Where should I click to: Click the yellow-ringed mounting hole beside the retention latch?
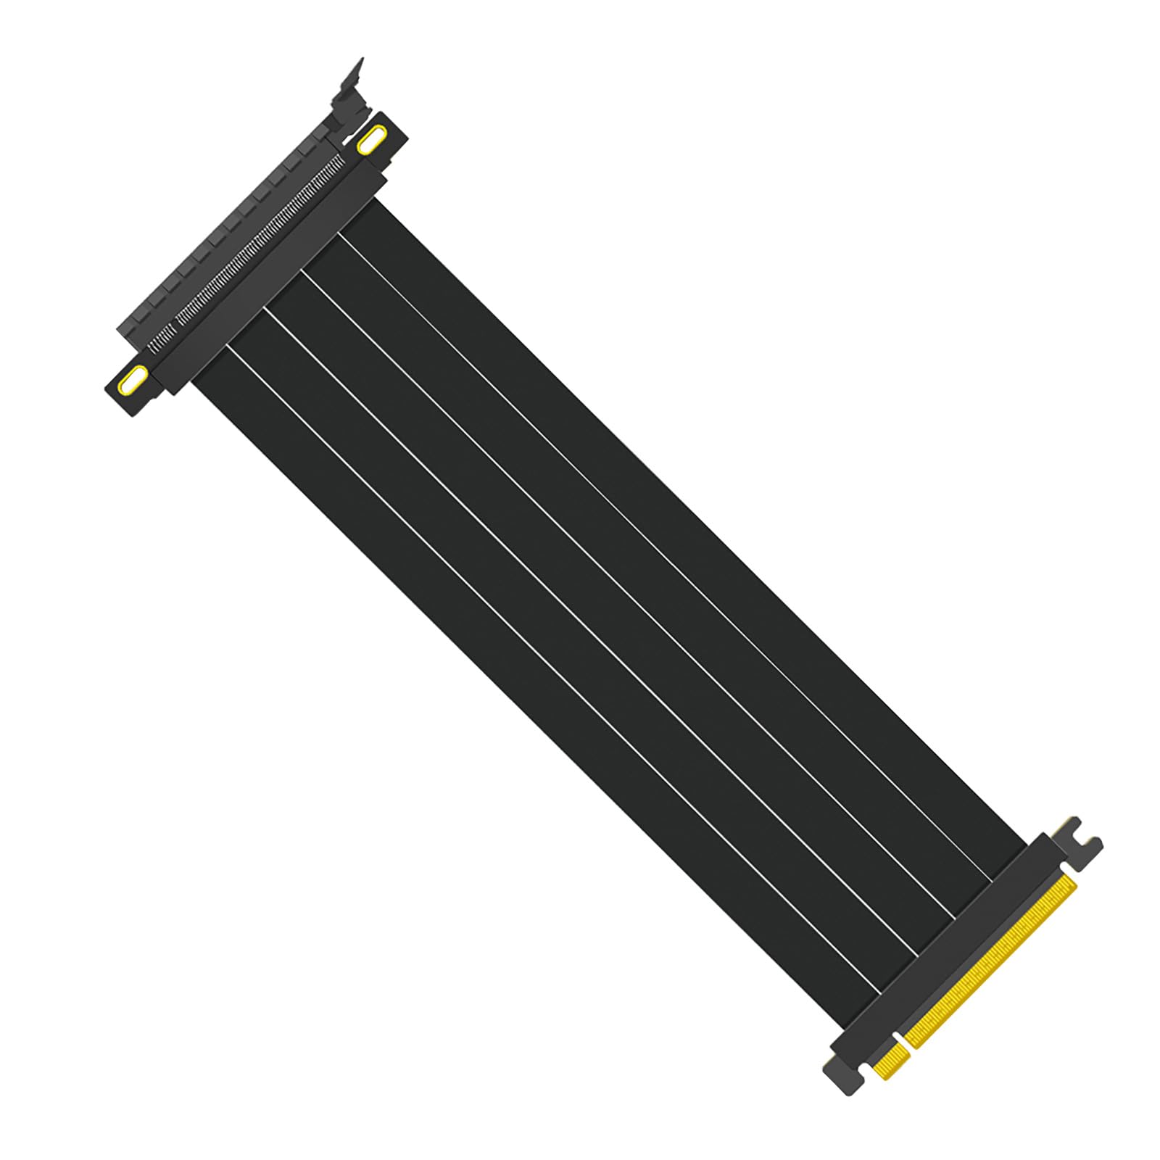point(371,140)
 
